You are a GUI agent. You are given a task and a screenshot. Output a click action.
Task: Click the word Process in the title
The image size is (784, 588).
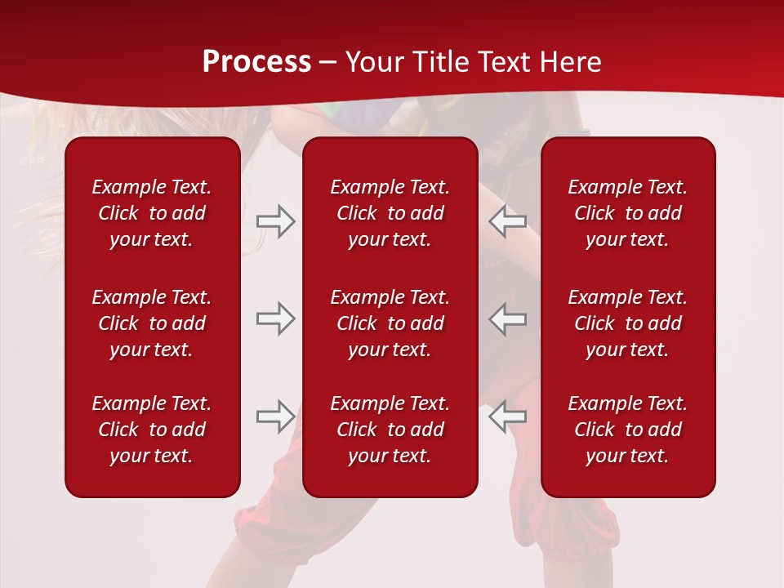tap(256, 62)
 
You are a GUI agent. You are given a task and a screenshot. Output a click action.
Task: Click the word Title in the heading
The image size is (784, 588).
tap(439, 62)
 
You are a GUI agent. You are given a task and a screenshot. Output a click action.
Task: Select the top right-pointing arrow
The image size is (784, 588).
tap(275, 221)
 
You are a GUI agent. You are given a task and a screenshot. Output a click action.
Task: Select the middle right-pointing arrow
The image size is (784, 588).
tap(275, 318)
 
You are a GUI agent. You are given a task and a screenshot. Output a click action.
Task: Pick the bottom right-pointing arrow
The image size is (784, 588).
tap(275, 416)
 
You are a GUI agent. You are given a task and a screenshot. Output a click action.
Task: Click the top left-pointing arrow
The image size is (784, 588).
tap(508, 221)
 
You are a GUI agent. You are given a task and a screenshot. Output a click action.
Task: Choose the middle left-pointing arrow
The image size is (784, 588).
tap(508, 318)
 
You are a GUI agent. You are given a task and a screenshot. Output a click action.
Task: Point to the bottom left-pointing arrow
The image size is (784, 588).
tap(508, 416)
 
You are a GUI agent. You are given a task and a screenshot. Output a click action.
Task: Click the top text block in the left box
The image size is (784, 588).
tap(152, 213)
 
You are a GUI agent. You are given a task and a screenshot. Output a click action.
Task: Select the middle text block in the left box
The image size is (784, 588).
tap(152, 323)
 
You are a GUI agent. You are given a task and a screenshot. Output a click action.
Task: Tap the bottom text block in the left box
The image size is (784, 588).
tap(152, 430)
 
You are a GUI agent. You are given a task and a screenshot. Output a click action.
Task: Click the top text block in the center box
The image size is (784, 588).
tap(390, 213)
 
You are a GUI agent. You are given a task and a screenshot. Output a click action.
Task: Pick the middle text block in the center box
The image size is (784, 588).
tap(390, 323)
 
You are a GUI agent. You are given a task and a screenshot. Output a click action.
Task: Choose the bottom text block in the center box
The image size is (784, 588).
tap(390, 430)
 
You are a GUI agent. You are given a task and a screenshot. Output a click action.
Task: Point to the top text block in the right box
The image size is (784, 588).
tap(628, 213)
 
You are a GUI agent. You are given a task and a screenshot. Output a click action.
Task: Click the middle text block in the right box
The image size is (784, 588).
tap(628, 323)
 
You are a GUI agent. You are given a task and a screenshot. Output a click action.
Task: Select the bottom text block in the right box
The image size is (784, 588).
tap(628, 430)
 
